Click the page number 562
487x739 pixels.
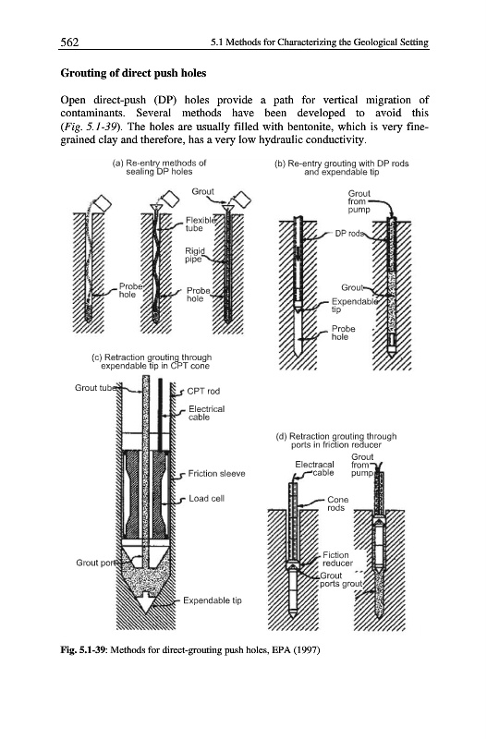pyautogui.click(x=69, y=42)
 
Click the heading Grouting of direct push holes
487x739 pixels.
pyautogui.click(x=133, y=73)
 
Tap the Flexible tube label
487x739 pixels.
pyautogui.click(x=201, y=224)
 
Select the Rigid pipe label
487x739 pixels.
pyautogui.click(x=195, y=255)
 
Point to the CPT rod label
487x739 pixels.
pyautogui.click(x=203, y=391)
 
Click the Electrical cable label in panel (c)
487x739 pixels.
pyautogui.click(x=206, y=413)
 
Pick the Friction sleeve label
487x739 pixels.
pyautogui.click(x=216, y=473)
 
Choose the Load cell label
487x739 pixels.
pyautogui.click(x=206, y=498)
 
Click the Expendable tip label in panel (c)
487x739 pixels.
pyautogui.click(x=213, y=600)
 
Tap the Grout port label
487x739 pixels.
pyautogui.click(x=96, y=563)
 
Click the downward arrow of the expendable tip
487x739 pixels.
pyautogui.click(x=146, y=602)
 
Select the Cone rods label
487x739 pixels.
pyautogui.click(x=337, y=503)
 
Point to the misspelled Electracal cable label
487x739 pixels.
pyautogui.click(x=314, y=468)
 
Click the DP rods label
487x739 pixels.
pyautogui.click(x=349, y=234)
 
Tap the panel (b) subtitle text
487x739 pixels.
pyautogui.click(x=341, y=167)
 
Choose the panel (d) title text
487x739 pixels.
pyautogui.click(x=336, y=441)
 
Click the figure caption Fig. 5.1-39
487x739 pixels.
pyautogui.click(x=190, y=650)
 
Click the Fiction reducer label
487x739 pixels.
pyautogui.click(x=337, y=559)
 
